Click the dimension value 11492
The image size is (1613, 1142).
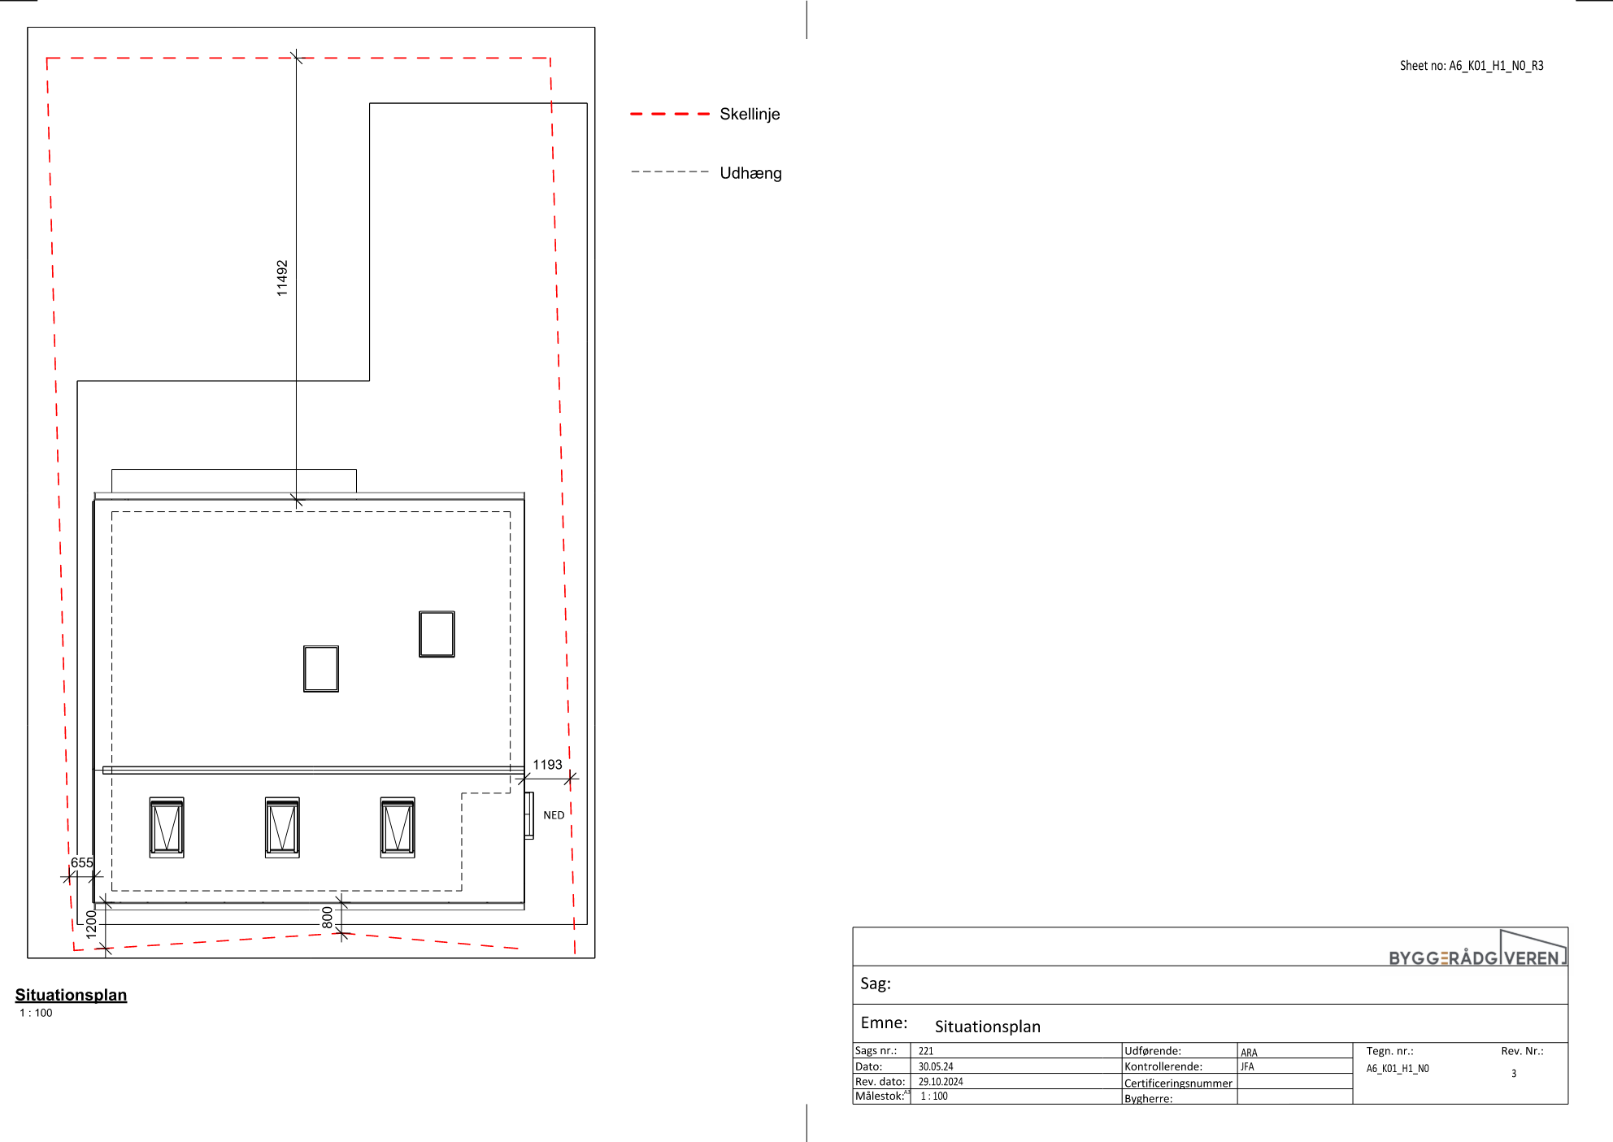pyautogui.click(x=282, y=278)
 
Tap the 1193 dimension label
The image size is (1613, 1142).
pyautogui.click(x=547, y=765)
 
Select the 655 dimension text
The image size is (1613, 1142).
pyautogui.click(x=82, y=863)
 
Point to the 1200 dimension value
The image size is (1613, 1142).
pyautogui.click(x=91, y=923)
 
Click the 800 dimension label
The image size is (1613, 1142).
pyautogui.click(x=328, y=918)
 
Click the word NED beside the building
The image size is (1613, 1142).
pyautogui.click(x=554, y=815)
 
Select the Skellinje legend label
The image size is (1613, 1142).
pyautogui.click(x=750, y=115)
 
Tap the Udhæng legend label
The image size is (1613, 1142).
pyautogui.click(x=750, y=173)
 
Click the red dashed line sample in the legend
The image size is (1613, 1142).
pyautogui.click(x=670, y=115)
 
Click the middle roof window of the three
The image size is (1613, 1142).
pyautogui.click(x=282, y=827)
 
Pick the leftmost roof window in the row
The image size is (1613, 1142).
pyautogui.click(x=167, y=827)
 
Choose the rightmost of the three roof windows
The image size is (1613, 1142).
pyautogui.click(x=398, y=827)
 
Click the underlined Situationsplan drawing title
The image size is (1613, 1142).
pyautogui.click(x=71, y=995)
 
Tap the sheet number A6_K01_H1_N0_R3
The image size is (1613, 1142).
pyautogui.click(x=1496, y=66)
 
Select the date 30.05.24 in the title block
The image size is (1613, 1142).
pyautogui.click(x=936, y=1066)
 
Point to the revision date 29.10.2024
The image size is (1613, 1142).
pyautogui.click(x=941, y=1082)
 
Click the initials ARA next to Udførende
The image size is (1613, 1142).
pyautogui.click(x=1249, y=1053)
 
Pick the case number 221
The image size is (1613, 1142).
pyautogui.click(x=926, y=1051)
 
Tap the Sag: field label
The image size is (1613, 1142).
pyautogui.click(x=876, y=984)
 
